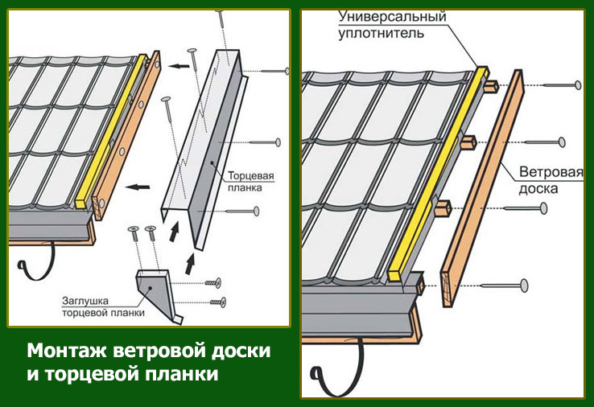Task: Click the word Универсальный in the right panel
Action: [x=392, y=17]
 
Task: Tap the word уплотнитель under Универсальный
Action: [x=381, y=33]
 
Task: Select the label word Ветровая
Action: [x=551, y=172]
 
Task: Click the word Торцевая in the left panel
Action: [x=251, y=176]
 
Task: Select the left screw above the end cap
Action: [x=134, y=234]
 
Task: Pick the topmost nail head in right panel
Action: [x=578, y=84]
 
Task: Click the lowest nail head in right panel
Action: [x=524, y=285]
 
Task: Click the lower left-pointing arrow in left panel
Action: [x=138, y=187]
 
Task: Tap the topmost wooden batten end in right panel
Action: [x=490, y=87]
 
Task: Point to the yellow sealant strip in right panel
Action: [x=439, y=174]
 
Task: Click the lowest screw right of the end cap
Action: [x=218, y=302]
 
